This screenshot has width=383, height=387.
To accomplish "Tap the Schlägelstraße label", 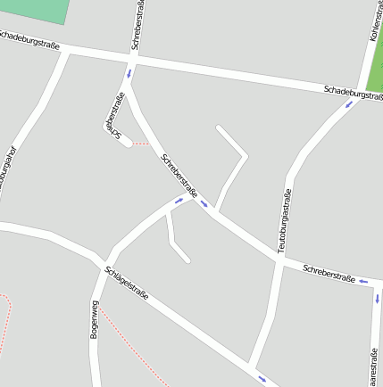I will click(x=126, y=283).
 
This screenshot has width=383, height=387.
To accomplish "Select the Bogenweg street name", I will click(x=94, y=318).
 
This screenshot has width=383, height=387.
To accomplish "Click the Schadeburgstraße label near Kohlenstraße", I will click(x=353, y=92).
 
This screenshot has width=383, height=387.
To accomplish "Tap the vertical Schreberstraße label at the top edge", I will click(x=138, y=25).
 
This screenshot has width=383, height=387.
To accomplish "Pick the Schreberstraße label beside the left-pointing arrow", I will click(x=329, y=273).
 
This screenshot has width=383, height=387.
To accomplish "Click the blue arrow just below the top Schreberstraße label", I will click(x=129, y=73).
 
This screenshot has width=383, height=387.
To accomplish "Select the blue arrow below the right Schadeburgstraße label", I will click(x=349, y=103).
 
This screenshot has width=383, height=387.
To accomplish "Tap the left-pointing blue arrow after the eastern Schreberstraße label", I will click(x=362, y=281).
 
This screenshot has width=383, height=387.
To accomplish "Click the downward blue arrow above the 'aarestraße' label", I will click(x=377, y=299).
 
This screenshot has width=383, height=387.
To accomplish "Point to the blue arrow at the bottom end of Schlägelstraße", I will click(x=262, y=379).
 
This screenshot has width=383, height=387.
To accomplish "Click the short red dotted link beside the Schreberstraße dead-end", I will click(x=141, y=143).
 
